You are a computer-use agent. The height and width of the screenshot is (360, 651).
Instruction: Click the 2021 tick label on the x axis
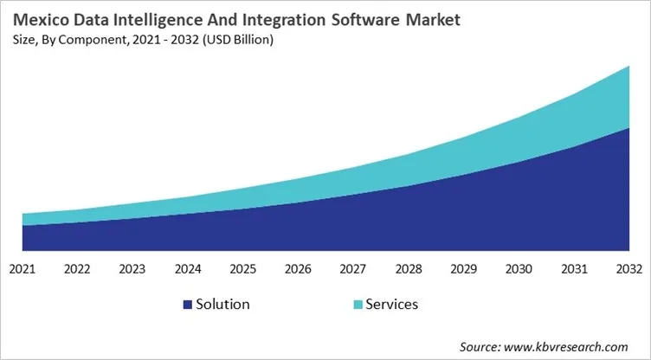coord(23,269)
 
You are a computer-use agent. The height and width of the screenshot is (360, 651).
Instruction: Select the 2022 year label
coord(78,269)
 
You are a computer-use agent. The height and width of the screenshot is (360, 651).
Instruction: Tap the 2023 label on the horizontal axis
coord(132,269)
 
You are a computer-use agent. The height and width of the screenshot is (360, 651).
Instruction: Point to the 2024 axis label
coord(188,269)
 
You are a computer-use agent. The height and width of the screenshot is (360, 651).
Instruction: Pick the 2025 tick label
coord(243,269)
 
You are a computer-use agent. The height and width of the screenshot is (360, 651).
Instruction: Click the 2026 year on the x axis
coord(298,269)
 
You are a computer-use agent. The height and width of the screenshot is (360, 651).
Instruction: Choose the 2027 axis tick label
coord(353,269)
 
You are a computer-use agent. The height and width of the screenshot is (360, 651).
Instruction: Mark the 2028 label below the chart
coord(409,269)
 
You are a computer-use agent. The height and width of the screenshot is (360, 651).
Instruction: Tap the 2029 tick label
coord(463,269)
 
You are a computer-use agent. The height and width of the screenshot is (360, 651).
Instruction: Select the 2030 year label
coord(519,269)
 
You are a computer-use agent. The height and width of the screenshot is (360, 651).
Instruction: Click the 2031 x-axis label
coord(574,269)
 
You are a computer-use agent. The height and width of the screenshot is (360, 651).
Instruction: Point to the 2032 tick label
coord(628,269)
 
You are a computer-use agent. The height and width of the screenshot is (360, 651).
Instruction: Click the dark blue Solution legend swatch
coord(187,305)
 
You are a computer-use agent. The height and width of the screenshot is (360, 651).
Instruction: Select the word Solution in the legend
coord(223,305)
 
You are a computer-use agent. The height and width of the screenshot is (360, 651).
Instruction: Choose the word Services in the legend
coord(391,305)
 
